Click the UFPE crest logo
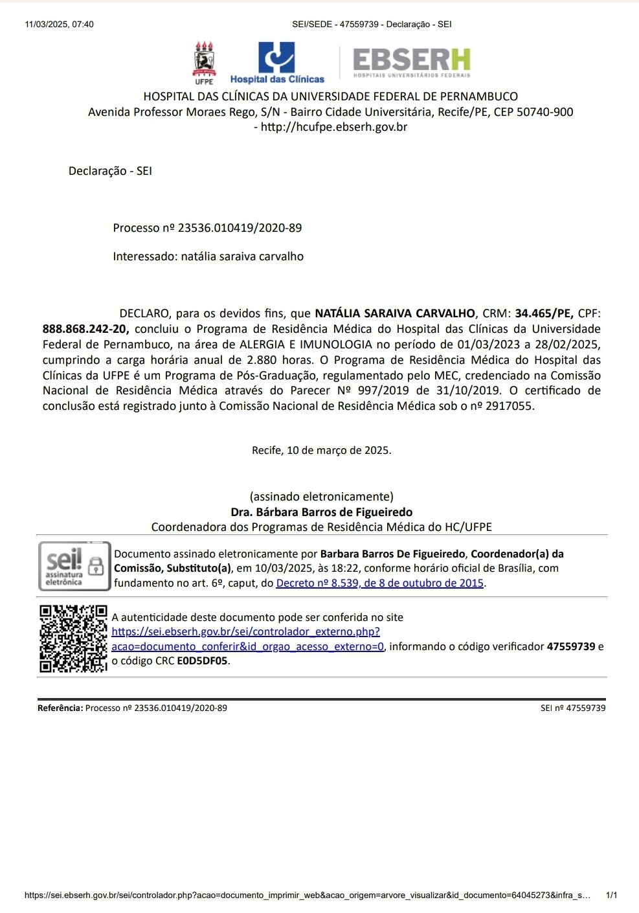205,62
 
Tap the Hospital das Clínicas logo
277,63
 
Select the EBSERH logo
412,63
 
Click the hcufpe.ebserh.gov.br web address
334,127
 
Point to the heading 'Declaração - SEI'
110,171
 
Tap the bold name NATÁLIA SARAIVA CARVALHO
395,313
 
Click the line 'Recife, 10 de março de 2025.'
321,450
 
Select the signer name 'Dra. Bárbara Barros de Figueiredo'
321,512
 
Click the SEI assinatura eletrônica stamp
74,566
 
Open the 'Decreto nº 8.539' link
379,583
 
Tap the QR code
73,638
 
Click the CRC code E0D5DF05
203,661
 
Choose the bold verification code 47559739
570,646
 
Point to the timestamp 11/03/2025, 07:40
59,25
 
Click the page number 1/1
611,896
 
